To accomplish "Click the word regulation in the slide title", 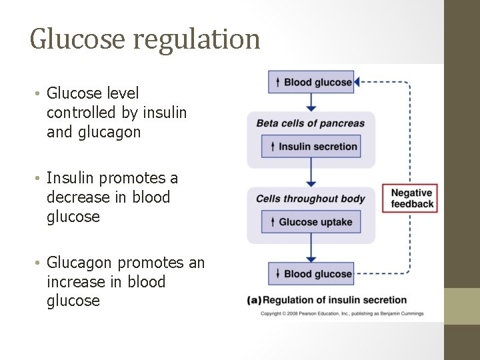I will (197, 40).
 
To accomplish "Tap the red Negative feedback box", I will (410, 198).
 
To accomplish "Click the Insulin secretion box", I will (311, 147).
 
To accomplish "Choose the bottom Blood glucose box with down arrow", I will (311, 273).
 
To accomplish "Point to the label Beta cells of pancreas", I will (311, 123).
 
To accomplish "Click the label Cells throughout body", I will (311, 198).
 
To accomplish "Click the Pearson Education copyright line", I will (342, 313).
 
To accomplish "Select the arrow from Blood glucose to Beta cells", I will (311, 102).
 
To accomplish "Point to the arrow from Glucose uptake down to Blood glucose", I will (311, 253).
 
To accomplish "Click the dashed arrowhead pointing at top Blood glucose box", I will (357, 82).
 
